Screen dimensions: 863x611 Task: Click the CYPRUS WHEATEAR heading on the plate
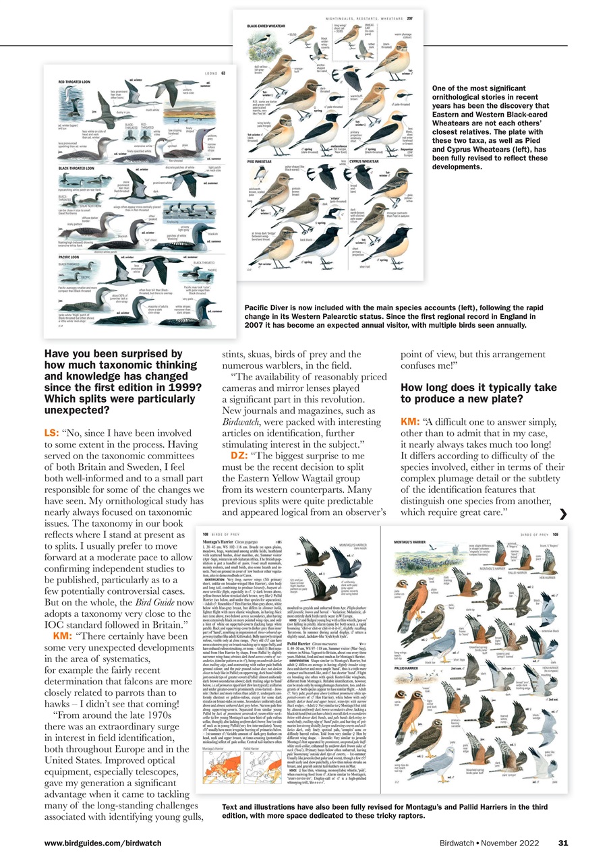click(370, 162)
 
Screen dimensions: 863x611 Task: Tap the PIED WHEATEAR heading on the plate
click(260, 162)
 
